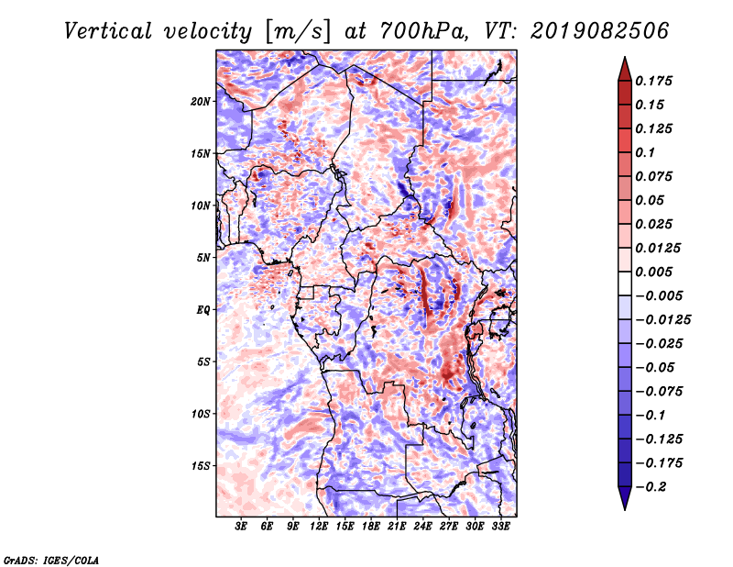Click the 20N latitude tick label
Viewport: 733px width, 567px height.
pos(201,101)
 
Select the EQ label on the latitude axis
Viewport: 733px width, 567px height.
pos(202,310)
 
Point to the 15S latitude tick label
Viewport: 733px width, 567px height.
pos(201,466)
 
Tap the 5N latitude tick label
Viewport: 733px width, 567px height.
pos(203,258)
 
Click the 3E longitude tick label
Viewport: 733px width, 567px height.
pos(241,528)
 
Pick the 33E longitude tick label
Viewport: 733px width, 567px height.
pos(500,528)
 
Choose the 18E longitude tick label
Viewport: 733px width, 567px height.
pos(371,528)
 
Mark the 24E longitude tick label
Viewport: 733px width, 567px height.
pos(422,528)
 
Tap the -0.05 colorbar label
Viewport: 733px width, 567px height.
pos(657,368)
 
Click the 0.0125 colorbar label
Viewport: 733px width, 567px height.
pos(660,248)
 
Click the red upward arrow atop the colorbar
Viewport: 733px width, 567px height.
pos(624,67)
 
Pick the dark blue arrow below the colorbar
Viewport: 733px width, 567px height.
pos(624,500)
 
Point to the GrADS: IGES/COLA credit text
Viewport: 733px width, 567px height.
pos(50,559)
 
